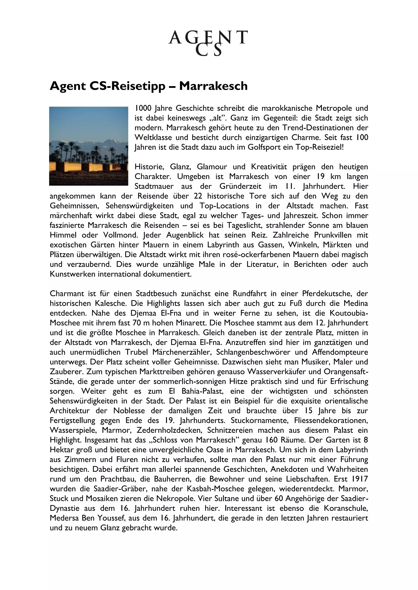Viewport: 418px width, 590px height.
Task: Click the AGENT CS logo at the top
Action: [x=208, y=43]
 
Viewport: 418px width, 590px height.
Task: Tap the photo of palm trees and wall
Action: [x=89, y=146]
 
